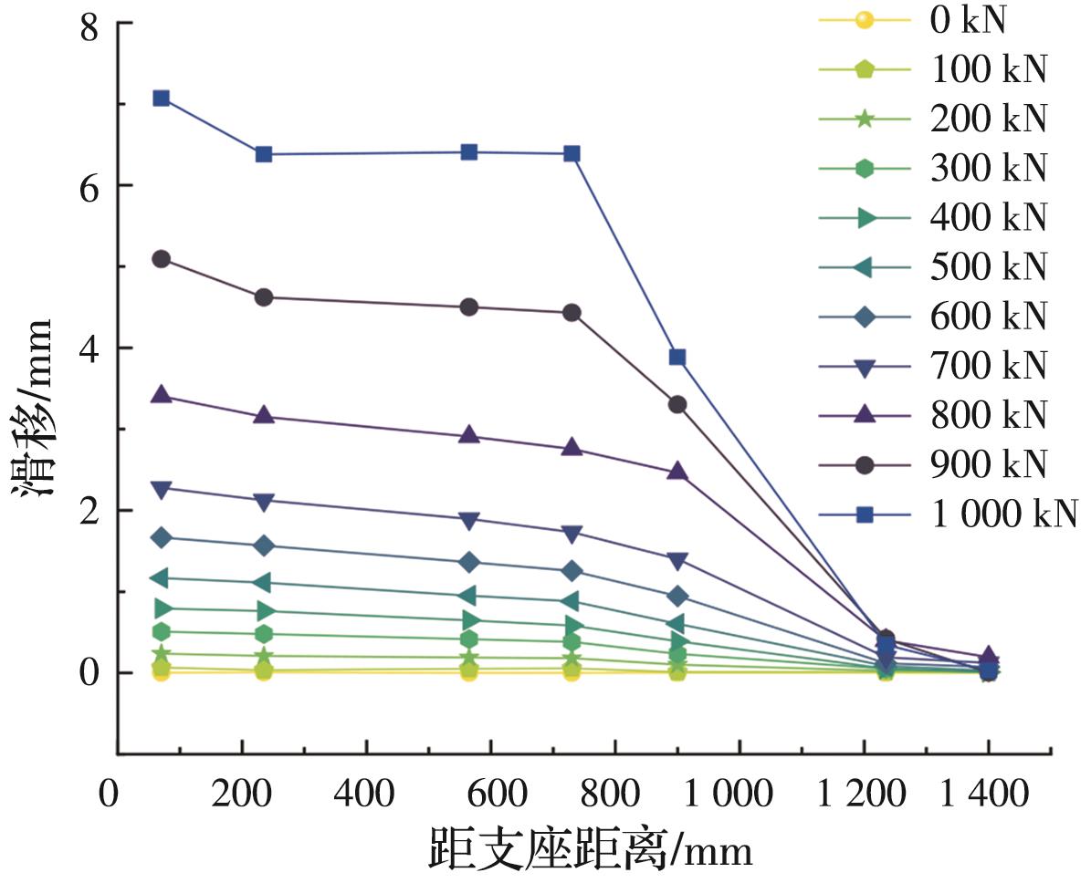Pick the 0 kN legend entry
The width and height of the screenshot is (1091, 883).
pos(967,20)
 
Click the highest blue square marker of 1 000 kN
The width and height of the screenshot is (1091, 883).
pos(162,98)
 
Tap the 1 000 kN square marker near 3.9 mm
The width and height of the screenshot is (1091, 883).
pos(677,357)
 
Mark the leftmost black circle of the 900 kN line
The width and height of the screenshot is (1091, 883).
pos(162,259)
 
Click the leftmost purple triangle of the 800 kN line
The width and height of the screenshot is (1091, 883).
pos(162,395)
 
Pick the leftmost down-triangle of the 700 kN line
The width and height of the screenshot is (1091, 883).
pos(162,490)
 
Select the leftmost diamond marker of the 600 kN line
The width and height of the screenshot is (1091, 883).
pos(162,537)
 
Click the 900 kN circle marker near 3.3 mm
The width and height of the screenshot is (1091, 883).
pos(677,404)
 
